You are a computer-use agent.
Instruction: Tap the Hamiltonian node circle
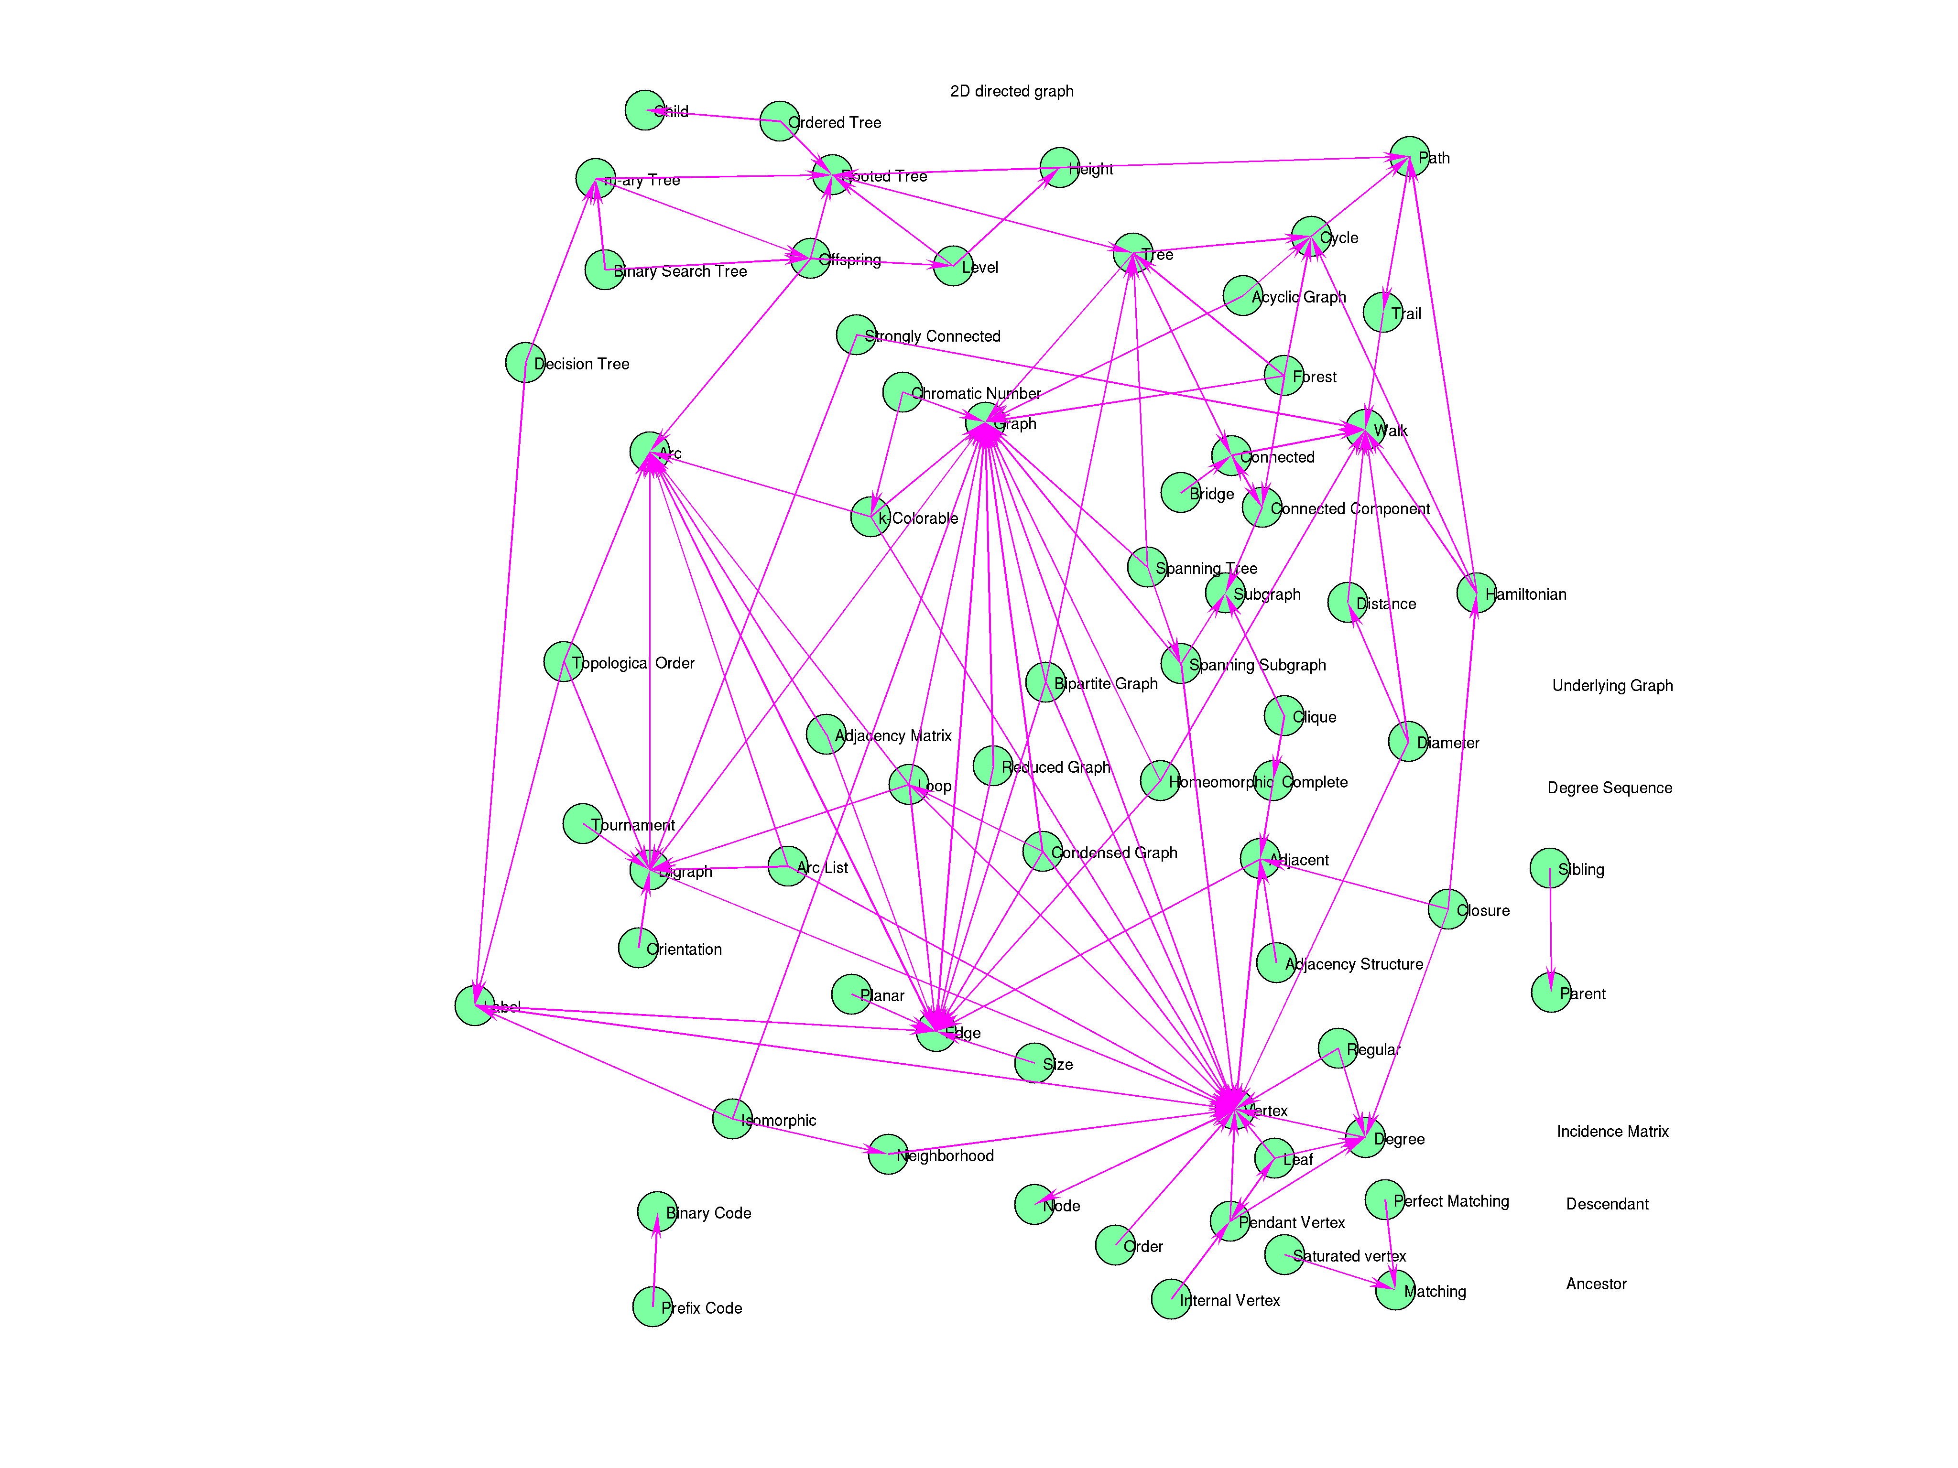(1477, 593)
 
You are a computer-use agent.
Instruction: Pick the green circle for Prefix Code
(653, 1307)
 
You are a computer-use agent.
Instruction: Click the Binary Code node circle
(657, 1211)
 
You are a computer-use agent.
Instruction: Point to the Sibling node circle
(1549, 868)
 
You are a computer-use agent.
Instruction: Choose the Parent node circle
(1551, 992)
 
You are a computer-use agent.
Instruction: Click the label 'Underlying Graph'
(1612, 686)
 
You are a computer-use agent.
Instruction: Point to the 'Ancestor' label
(1596, 1284)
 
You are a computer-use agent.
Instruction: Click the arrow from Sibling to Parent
(1550, 929)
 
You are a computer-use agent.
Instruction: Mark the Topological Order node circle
(563, 662)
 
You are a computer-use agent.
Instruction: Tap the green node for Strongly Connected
(856, 335)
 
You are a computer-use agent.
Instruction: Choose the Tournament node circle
(582, 824)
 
